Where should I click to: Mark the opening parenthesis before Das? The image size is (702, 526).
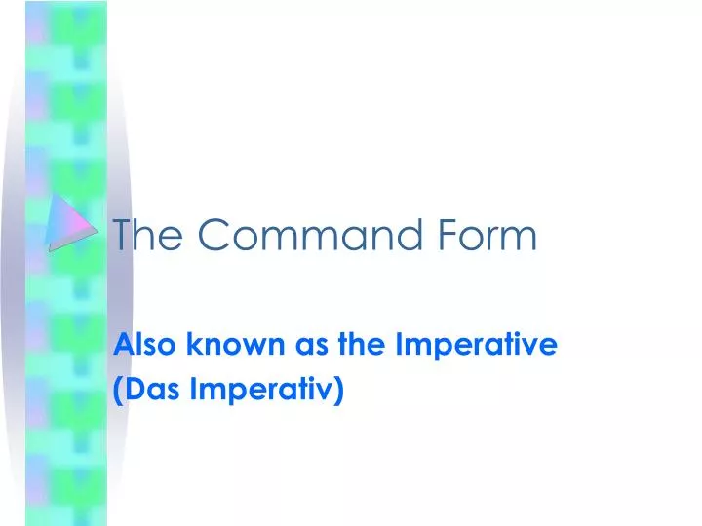[x=119, y=392]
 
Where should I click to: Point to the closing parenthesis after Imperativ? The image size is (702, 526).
[x=339, y=392]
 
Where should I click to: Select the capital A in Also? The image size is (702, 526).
[x=124, y=343]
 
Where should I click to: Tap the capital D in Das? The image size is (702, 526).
[x=134, y=391]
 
